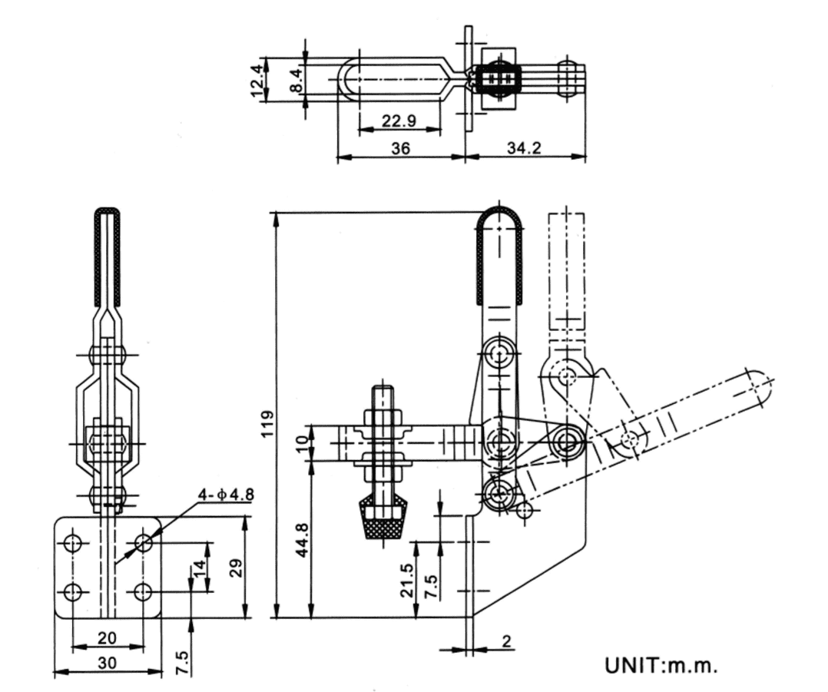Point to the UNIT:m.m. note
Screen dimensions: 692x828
(661, 665)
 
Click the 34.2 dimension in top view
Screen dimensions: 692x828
(525, 147)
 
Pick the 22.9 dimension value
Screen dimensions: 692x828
(399, 121)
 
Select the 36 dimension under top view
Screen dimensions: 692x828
(400, 147)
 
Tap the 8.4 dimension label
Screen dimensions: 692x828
(296, 79)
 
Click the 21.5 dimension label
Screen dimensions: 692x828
(408, 581)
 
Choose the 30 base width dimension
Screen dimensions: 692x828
(107, 663)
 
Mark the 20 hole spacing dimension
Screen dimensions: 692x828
(107, 637)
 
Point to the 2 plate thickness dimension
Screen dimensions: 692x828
(506, 641)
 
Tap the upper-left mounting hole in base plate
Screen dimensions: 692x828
(73, 544)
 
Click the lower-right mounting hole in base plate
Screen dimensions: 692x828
(143, 592)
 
